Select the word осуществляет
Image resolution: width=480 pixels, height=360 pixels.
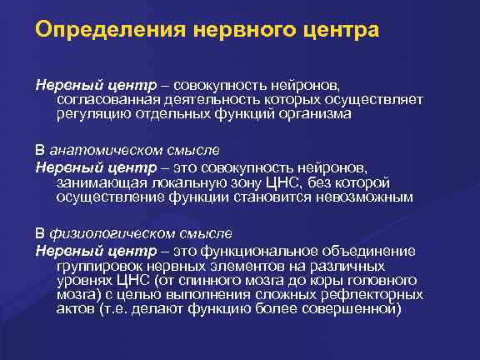coord(379,100)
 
